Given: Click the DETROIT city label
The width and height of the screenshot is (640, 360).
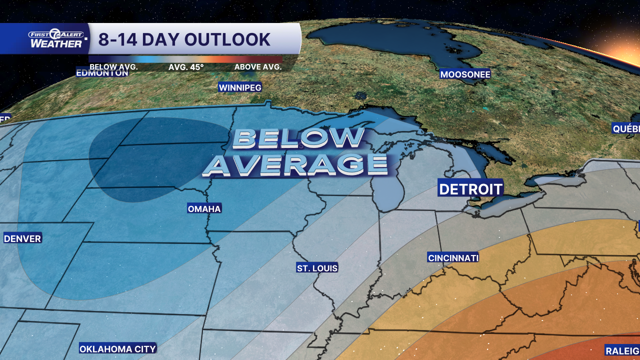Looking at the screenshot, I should tap(470, 188).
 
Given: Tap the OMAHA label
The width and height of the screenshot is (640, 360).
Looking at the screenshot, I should tap(204, 208).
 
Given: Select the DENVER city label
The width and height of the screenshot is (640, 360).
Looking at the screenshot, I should tap(22, 238).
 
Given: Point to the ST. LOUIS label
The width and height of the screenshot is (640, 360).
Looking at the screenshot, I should tap(317, 268).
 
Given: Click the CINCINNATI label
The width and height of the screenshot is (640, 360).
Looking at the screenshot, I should tap(453, 258).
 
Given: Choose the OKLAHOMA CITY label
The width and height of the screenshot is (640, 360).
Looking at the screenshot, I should tap(118, 348).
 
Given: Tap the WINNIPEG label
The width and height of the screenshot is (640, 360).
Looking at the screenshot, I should tap(240, 87).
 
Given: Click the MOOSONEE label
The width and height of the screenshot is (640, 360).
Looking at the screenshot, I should tap(465, 74).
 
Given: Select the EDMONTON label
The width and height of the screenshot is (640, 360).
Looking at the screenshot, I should tap(102, 73).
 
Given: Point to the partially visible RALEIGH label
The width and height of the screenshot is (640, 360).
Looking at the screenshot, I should tap(622, 350).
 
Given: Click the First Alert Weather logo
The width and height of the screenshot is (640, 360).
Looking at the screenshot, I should tap(56, 39).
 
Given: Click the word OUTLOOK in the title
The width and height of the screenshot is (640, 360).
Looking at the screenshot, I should tap(227, 39).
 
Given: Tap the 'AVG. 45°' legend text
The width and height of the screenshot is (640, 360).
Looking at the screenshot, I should tap(186, 66).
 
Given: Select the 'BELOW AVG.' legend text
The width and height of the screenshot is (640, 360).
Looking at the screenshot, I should tap(113, 66).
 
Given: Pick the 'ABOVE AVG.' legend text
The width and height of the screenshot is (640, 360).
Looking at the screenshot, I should tap(258, 66).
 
